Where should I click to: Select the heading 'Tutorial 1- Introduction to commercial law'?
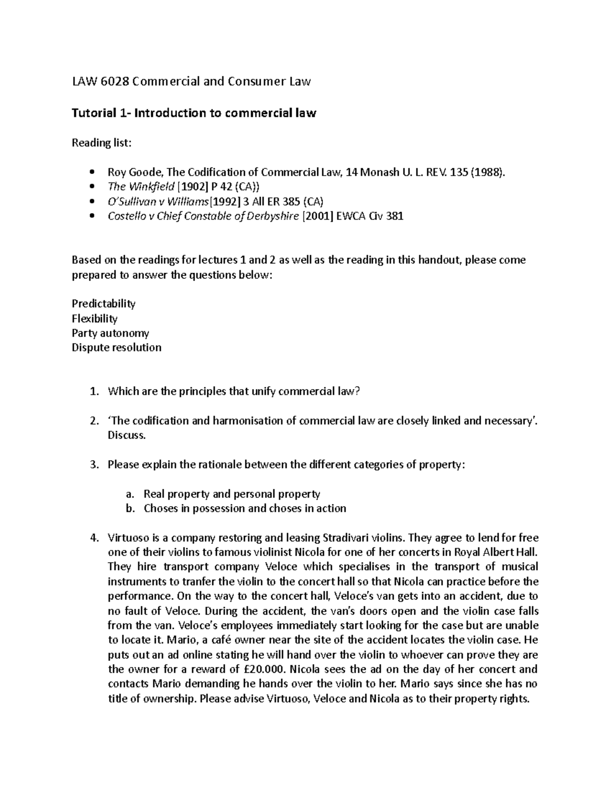coord(193,113)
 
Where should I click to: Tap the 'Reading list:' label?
coord(101,143)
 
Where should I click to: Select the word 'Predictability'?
coord(103,304)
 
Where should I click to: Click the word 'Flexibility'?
coord(95,319)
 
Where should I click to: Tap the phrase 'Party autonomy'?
coord(110,334)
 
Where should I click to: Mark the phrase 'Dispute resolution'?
coord(117,348)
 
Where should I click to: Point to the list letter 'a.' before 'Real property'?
coord(130,494)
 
